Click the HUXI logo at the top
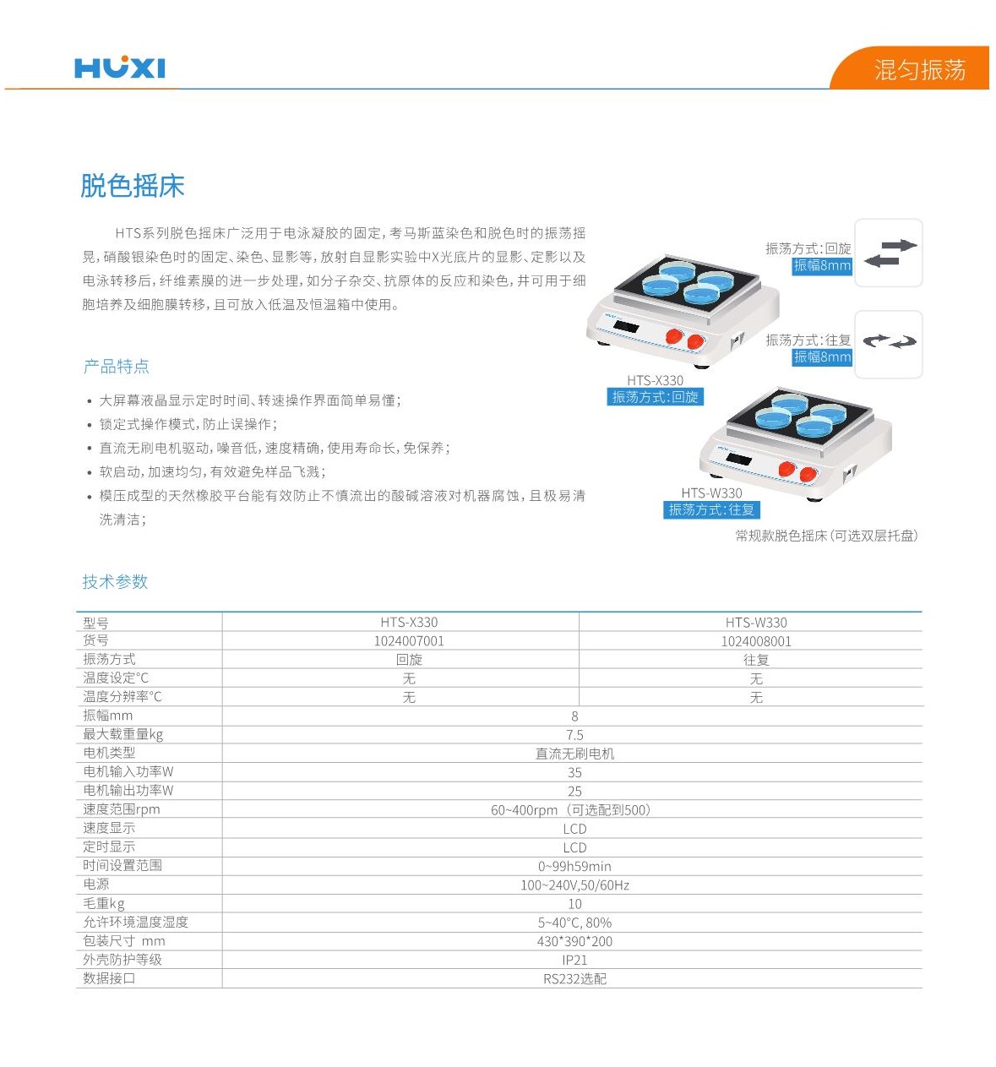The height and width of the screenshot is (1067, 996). [119, 67]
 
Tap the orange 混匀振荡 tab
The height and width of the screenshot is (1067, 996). [919, 69]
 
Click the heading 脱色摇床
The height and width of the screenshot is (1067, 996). [132, 186]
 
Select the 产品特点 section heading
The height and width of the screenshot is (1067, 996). [116, 367]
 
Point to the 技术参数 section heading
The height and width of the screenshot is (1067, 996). [115, 581]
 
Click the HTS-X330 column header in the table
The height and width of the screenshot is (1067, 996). [409, 623]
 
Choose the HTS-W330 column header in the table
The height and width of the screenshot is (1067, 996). [755, 623]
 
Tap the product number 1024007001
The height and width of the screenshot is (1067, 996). [409, 641]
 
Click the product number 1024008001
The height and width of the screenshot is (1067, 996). [755, 641]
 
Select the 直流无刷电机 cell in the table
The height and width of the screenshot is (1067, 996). [574, 754]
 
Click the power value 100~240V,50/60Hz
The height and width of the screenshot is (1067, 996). [574, 885]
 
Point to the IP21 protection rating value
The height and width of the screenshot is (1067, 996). [574, 960]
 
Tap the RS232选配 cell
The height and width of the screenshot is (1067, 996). [574, 979]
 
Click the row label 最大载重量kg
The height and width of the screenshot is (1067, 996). [122, 734]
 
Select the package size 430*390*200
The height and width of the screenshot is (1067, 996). [574, 941]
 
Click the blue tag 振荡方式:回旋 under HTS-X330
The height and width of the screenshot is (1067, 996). [655, 397]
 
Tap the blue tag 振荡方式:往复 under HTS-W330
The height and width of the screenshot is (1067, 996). [711, 509]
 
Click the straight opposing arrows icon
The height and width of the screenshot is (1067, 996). [890, 253]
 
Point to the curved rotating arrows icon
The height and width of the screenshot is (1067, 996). [890, 342]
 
